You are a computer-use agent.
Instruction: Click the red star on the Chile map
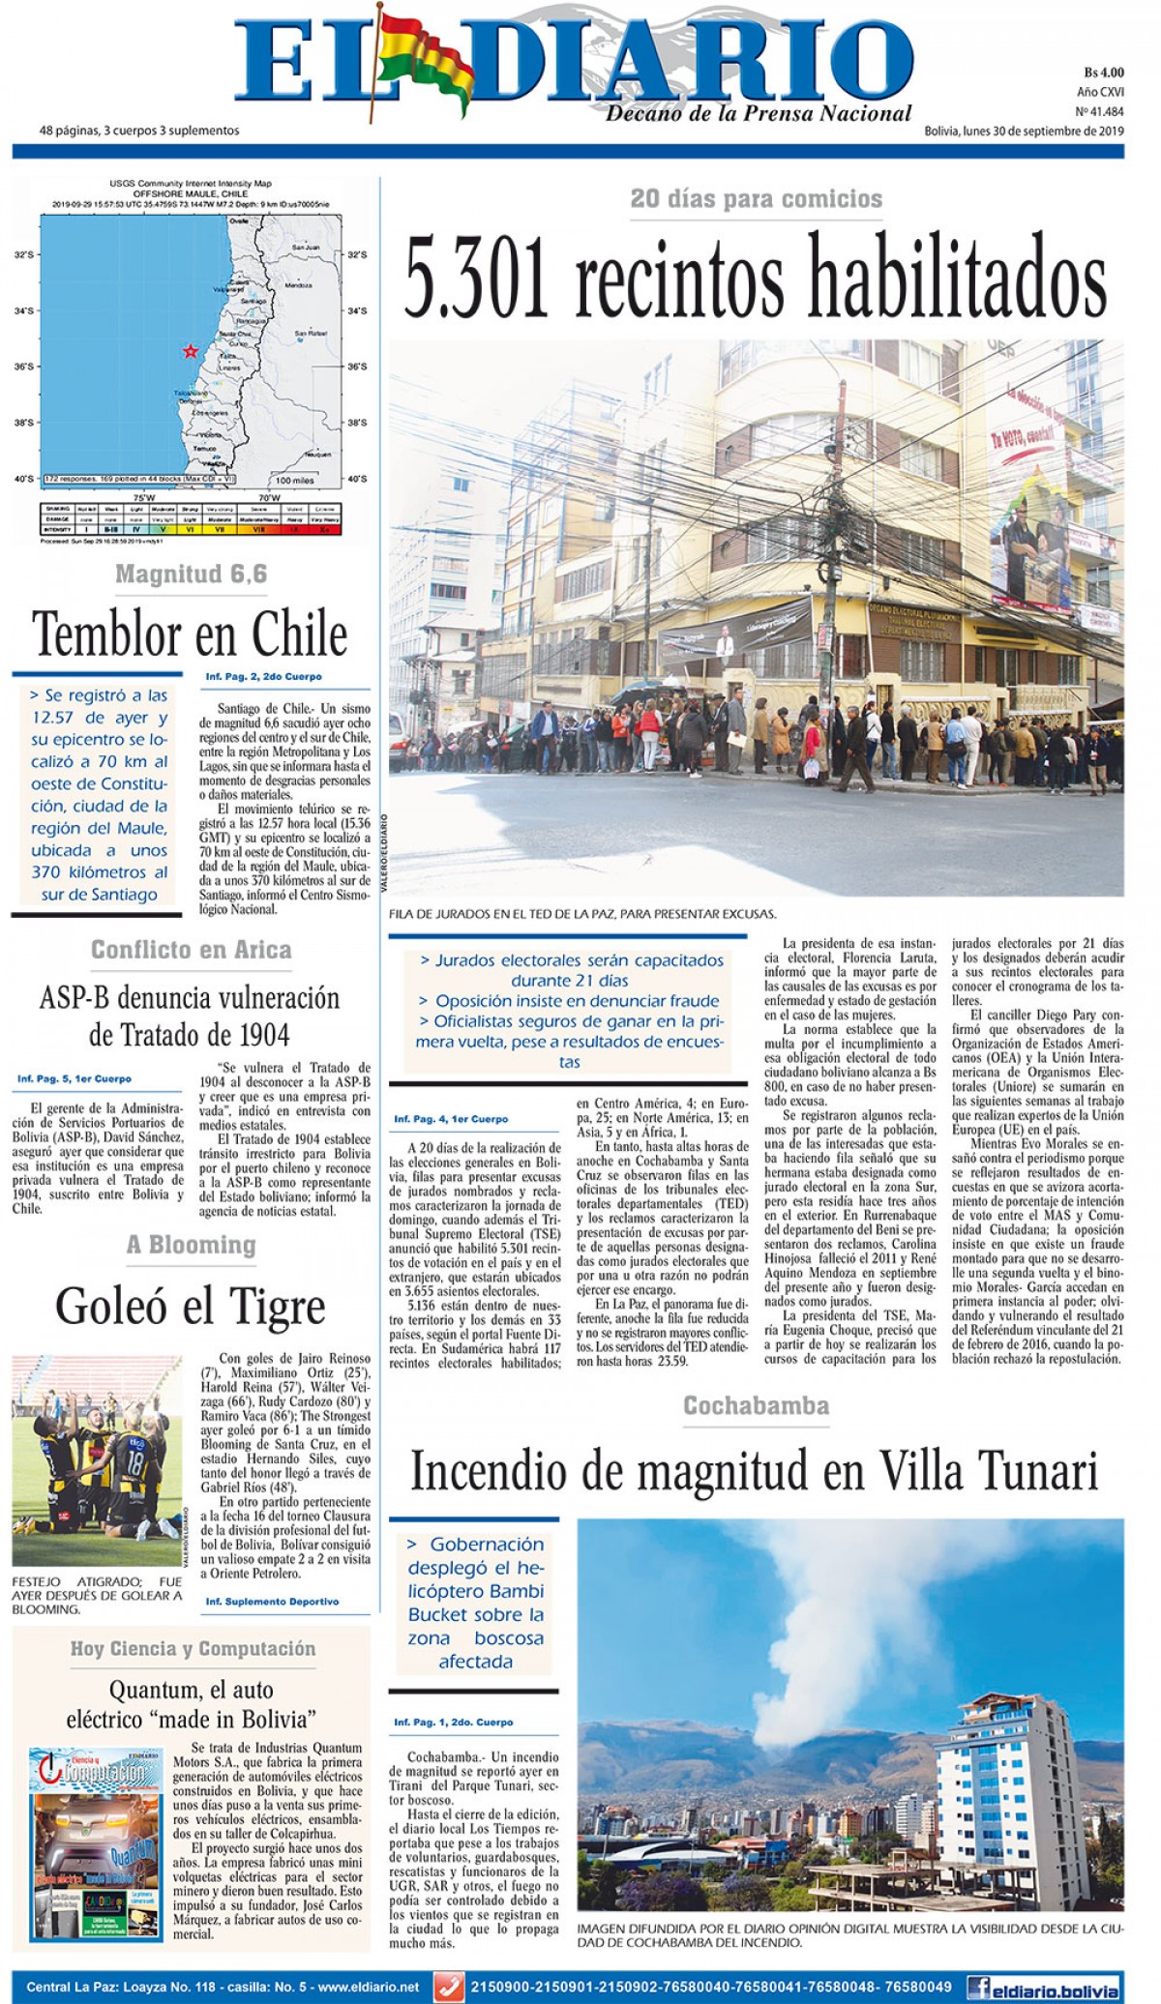tap(192, 351)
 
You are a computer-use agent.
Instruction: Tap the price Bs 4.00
tap(1103, 73)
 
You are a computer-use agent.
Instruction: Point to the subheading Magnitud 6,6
tap(191, 575)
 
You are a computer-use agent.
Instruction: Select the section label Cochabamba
tap(756, 1405)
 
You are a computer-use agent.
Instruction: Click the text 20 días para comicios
tap(756, 199)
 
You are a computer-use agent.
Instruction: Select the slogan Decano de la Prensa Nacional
tap(759, 114)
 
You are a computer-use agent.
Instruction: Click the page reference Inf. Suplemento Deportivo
tap(272, 1602)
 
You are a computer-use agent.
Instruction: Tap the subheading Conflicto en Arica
tap(191, 950)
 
